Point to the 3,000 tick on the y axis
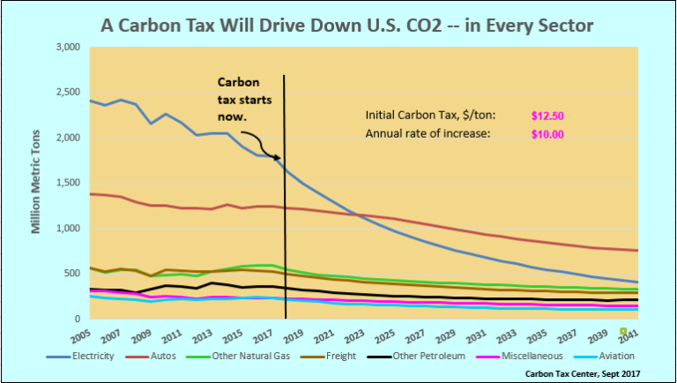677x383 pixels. [68, 47]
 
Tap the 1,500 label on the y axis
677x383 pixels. [68, 183]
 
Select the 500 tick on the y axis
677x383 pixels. [73, 274]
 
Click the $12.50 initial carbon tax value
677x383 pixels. [547, 116]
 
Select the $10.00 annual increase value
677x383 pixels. [547, 134]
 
